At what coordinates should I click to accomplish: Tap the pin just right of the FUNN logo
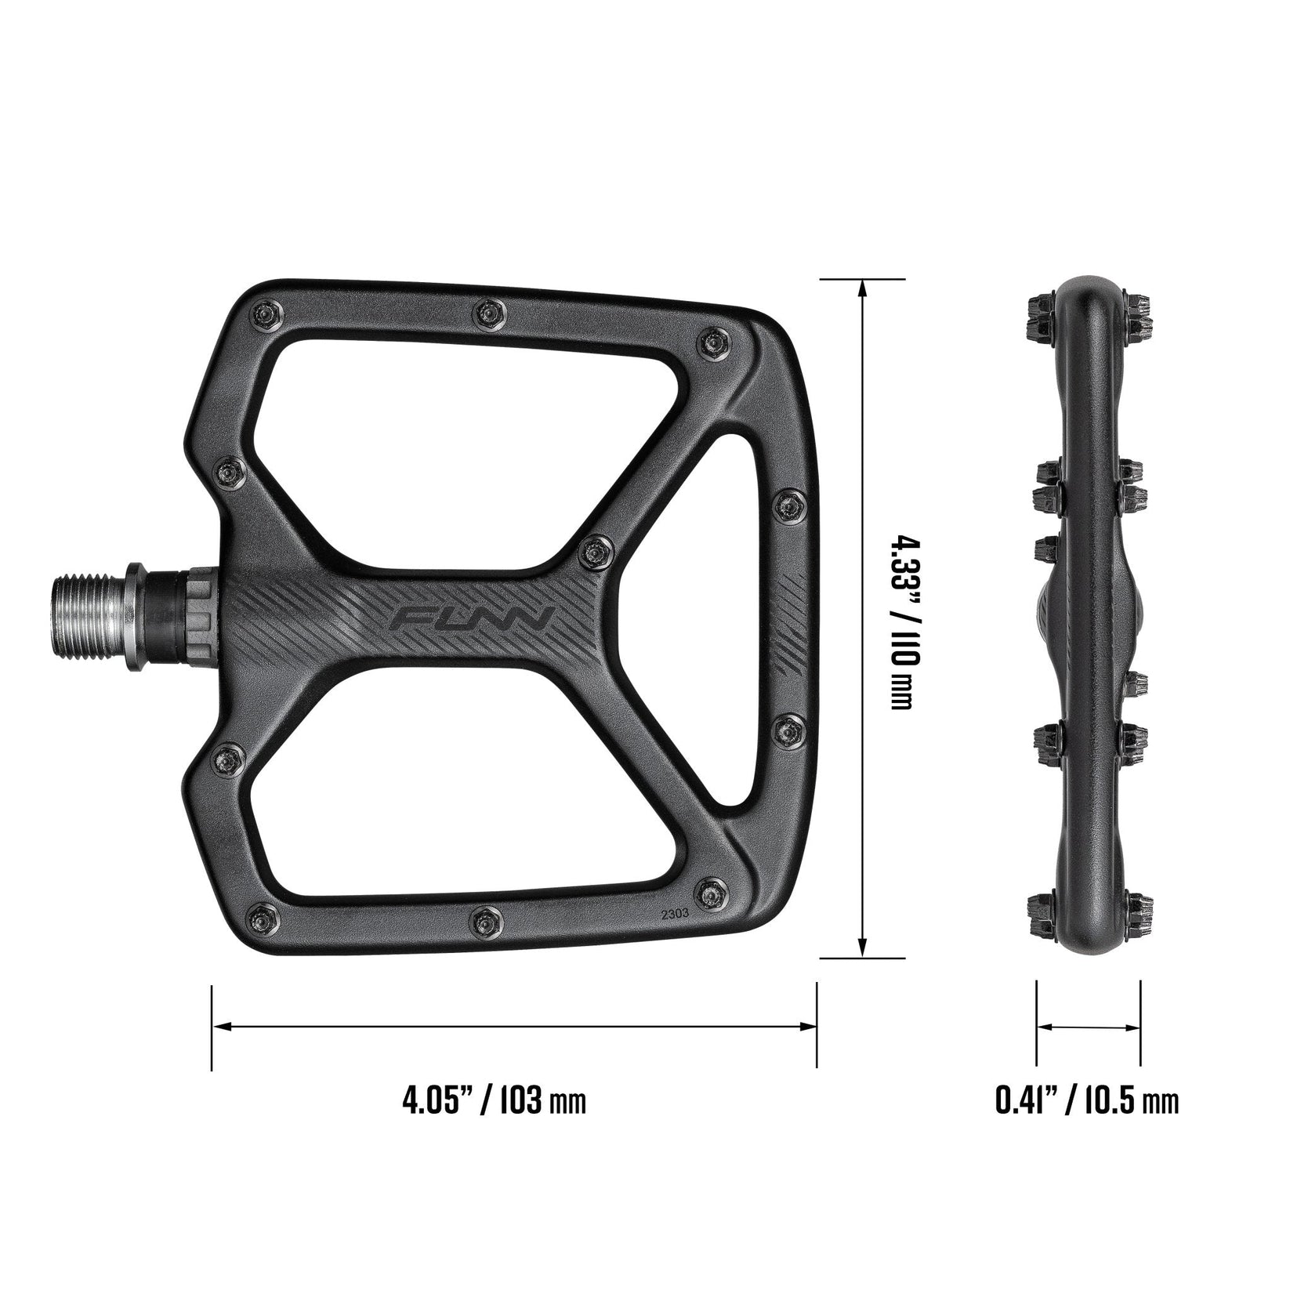[597, 553]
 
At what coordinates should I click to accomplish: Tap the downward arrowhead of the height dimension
[863, 947]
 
